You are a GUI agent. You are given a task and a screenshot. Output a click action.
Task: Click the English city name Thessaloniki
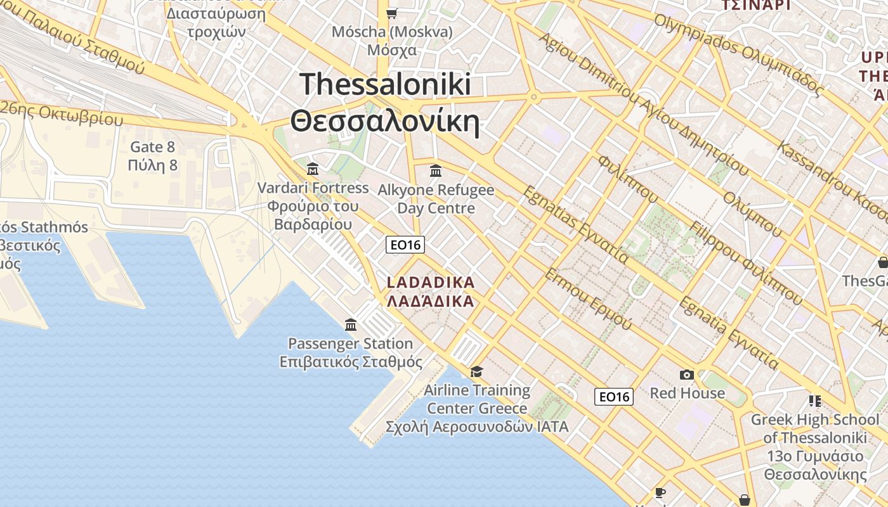[385, 84]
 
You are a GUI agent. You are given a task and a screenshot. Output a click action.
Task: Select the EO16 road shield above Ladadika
[405, 245]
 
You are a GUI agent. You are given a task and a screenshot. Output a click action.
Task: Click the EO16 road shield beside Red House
[614, 397]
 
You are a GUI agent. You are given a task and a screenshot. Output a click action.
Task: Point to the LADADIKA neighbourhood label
[430, 282]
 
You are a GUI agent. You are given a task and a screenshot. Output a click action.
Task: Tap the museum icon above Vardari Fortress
[313, 169]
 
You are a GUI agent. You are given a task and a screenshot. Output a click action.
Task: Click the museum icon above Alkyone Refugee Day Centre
[436, 170]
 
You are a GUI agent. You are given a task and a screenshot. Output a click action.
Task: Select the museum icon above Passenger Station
[351, 325]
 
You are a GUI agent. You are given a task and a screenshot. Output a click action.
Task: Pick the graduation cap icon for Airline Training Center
[476, 371]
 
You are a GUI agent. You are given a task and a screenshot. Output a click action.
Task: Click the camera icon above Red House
[686, 375]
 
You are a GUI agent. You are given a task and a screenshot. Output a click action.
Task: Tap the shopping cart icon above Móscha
[392, 13]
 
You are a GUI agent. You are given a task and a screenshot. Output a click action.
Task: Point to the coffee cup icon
[660, 492]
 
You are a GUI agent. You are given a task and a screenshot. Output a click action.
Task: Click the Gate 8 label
[152, 147]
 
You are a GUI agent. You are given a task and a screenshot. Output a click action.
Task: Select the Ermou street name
[587, 298]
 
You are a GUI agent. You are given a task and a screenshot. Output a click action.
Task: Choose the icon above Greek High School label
[815, 401]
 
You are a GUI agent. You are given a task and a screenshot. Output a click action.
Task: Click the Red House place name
[687, 393]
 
